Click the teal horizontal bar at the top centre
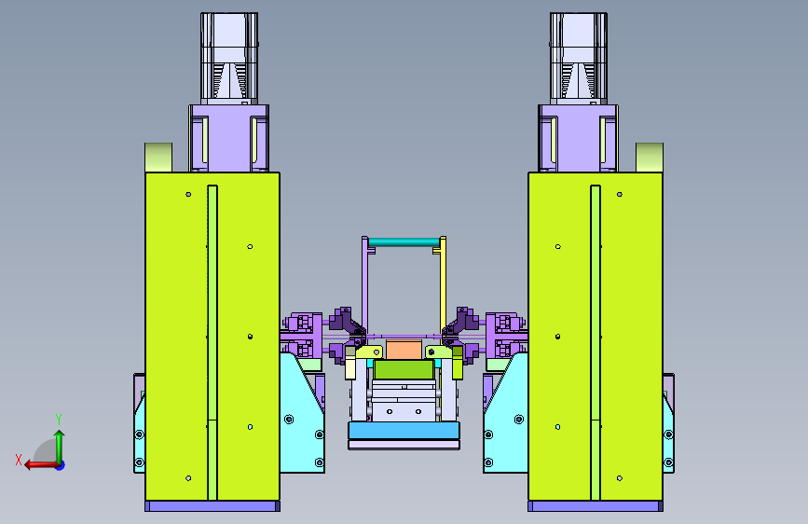tap(404, 241)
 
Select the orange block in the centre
tap(404, 349)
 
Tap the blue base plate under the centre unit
tap(404, 430)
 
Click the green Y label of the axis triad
tap(59, 420)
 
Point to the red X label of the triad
tap(19, 460)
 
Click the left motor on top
tap(229, 57)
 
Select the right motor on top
tap(579, 57)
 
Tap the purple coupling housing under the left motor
tap(229, 138)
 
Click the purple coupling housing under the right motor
tap(578, 138)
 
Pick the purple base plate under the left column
tap(212, 506)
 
